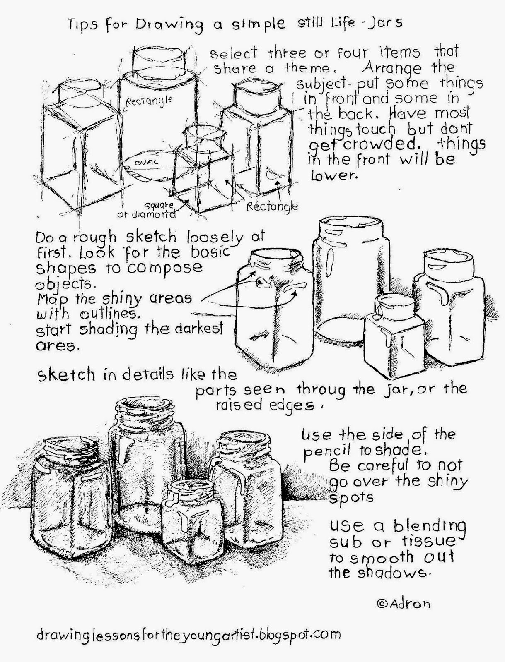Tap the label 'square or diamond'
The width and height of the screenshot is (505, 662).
[x=154, y=210]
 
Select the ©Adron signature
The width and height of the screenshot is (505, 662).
[x=404, y=604]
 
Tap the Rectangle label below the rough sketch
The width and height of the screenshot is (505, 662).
[x=272, y=206]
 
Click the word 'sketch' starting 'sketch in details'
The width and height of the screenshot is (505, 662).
[x=66, y=375]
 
